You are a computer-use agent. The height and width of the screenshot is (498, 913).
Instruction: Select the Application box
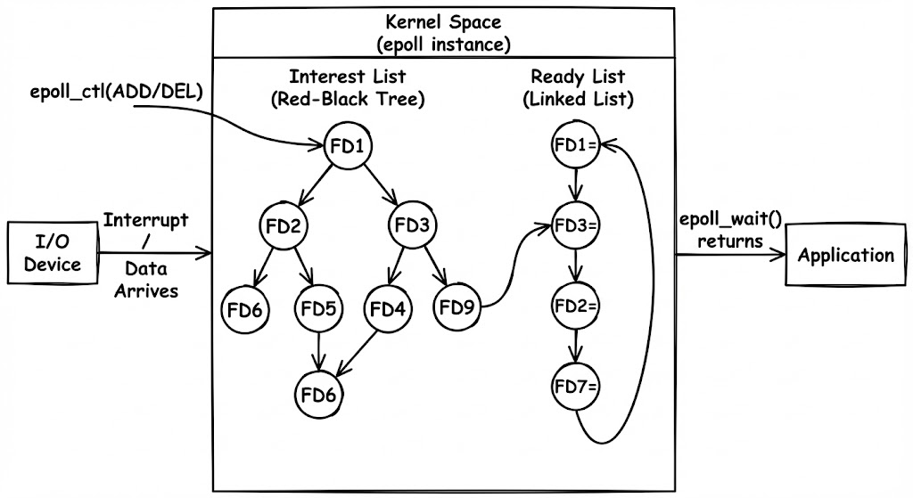pos(845,256)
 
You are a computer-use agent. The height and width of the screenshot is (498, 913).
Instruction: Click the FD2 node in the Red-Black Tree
pos(282,225)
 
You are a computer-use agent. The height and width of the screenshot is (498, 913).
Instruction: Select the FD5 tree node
pos(317,309)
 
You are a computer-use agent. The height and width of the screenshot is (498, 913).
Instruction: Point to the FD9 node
pos(456,309)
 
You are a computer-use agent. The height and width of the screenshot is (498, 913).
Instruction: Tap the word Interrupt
pos(145,220)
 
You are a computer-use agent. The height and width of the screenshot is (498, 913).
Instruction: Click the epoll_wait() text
pos(730,220)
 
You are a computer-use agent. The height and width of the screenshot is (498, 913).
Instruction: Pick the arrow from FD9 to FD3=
pos(513,267)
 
